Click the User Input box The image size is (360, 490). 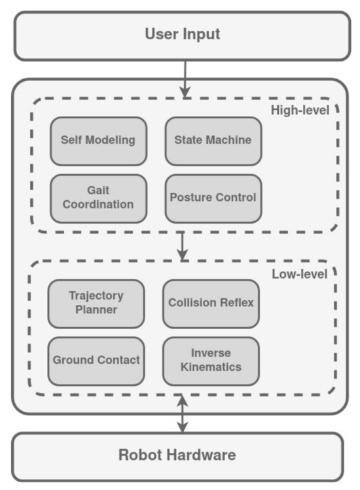(182, 35)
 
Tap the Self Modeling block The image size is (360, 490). (98, 141)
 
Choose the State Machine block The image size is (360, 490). (213, 141)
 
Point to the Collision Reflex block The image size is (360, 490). (211, 304)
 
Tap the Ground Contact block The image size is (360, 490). (96, 360)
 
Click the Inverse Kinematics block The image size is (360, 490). (211, 360)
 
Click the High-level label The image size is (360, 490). (300, 110)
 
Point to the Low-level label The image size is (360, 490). (300, 273)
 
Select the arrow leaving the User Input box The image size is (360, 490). (186, 79)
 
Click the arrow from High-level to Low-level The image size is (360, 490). (183, 245)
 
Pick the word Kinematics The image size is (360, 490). (211, 368)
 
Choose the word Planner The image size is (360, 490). (96, 310)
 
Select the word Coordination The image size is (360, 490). (98, 205)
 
